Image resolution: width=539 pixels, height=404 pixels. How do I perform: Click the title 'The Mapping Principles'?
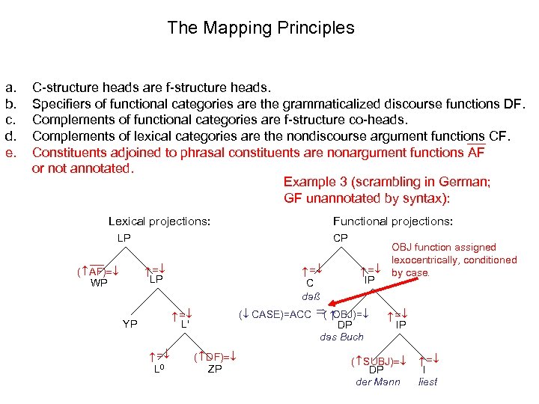coord(261,28)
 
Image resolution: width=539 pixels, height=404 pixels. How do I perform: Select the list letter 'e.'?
coord(10,153)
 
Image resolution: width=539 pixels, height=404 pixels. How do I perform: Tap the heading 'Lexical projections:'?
coord(159,221)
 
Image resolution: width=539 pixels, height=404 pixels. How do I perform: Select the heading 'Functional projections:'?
coord(392,221)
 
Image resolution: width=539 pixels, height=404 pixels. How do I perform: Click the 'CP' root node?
coord(340,238)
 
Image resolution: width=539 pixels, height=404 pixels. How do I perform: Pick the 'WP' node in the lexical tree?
coord(99,283)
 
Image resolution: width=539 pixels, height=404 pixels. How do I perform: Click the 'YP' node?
coord(130,324)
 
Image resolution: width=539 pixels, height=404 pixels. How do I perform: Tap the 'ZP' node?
coord(214,369)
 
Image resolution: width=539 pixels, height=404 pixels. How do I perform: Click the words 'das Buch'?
coord(341,337)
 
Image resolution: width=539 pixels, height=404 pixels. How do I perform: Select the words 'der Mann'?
coord(377,382)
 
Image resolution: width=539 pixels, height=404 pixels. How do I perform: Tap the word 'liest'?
coord(428,382)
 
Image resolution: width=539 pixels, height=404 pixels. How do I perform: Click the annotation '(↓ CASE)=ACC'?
coord(274,313)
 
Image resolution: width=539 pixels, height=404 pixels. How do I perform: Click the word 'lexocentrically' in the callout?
coord(434,260)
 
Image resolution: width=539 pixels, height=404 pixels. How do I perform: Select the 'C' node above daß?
coord(309,284)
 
